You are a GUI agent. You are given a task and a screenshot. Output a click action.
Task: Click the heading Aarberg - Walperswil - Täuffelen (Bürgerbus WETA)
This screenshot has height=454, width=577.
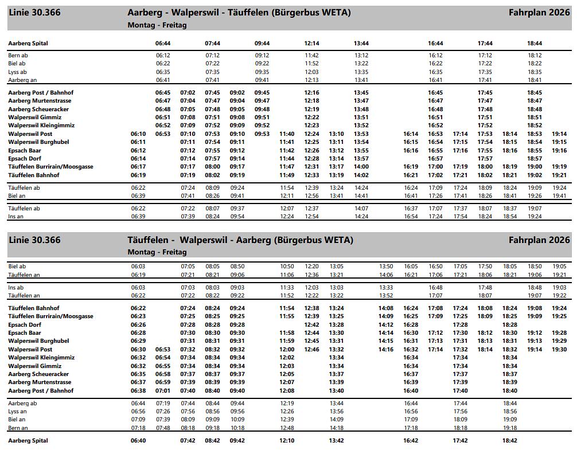tap(239, 13)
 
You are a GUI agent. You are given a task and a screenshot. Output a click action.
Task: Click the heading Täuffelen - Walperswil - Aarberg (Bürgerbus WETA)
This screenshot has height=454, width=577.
tap(240, 240)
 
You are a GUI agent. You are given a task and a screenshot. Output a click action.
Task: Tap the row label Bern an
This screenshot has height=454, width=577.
tap(18, 428)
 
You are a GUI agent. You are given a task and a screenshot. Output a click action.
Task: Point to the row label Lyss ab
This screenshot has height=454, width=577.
tap(17, 72)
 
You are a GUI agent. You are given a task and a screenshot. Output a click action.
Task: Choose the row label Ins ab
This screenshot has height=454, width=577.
tap(16, 288)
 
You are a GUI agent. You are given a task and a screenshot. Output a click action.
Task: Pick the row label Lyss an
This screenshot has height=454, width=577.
tap(17, 412)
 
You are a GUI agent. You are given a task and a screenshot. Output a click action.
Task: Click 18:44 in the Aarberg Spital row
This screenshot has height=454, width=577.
tap(535, 44)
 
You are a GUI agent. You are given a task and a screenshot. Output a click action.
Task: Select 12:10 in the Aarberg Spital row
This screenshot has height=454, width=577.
tap(287, 441)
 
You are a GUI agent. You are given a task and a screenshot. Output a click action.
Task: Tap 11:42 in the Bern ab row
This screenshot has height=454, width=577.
tap(311, 56)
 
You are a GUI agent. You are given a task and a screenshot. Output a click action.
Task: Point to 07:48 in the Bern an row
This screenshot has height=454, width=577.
tap(163, 428)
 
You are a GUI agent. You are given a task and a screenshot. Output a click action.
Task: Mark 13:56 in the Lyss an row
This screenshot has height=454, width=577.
tap(337, 412)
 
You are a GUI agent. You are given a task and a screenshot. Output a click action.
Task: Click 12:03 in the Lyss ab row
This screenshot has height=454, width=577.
tap(311, 72)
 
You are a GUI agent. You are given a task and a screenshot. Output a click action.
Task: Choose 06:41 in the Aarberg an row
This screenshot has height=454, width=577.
tap(163, 80)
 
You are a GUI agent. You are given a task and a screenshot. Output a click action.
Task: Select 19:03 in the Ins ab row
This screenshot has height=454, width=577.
tap(559, 288)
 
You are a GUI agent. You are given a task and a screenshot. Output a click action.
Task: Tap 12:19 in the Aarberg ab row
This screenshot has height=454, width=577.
tap(287, 404)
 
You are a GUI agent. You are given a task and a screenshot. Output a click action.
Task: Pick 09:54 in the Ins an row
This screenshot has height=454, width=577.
tap(237, 217)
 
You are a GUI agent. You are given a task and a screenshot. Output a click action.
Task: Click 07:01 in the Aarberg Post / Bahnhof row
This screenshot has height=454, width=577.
tap(163, 391)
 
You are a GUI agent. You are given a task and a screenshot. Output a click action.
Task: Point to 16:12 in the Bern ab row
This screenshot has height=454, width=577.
tap(435, 56)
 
